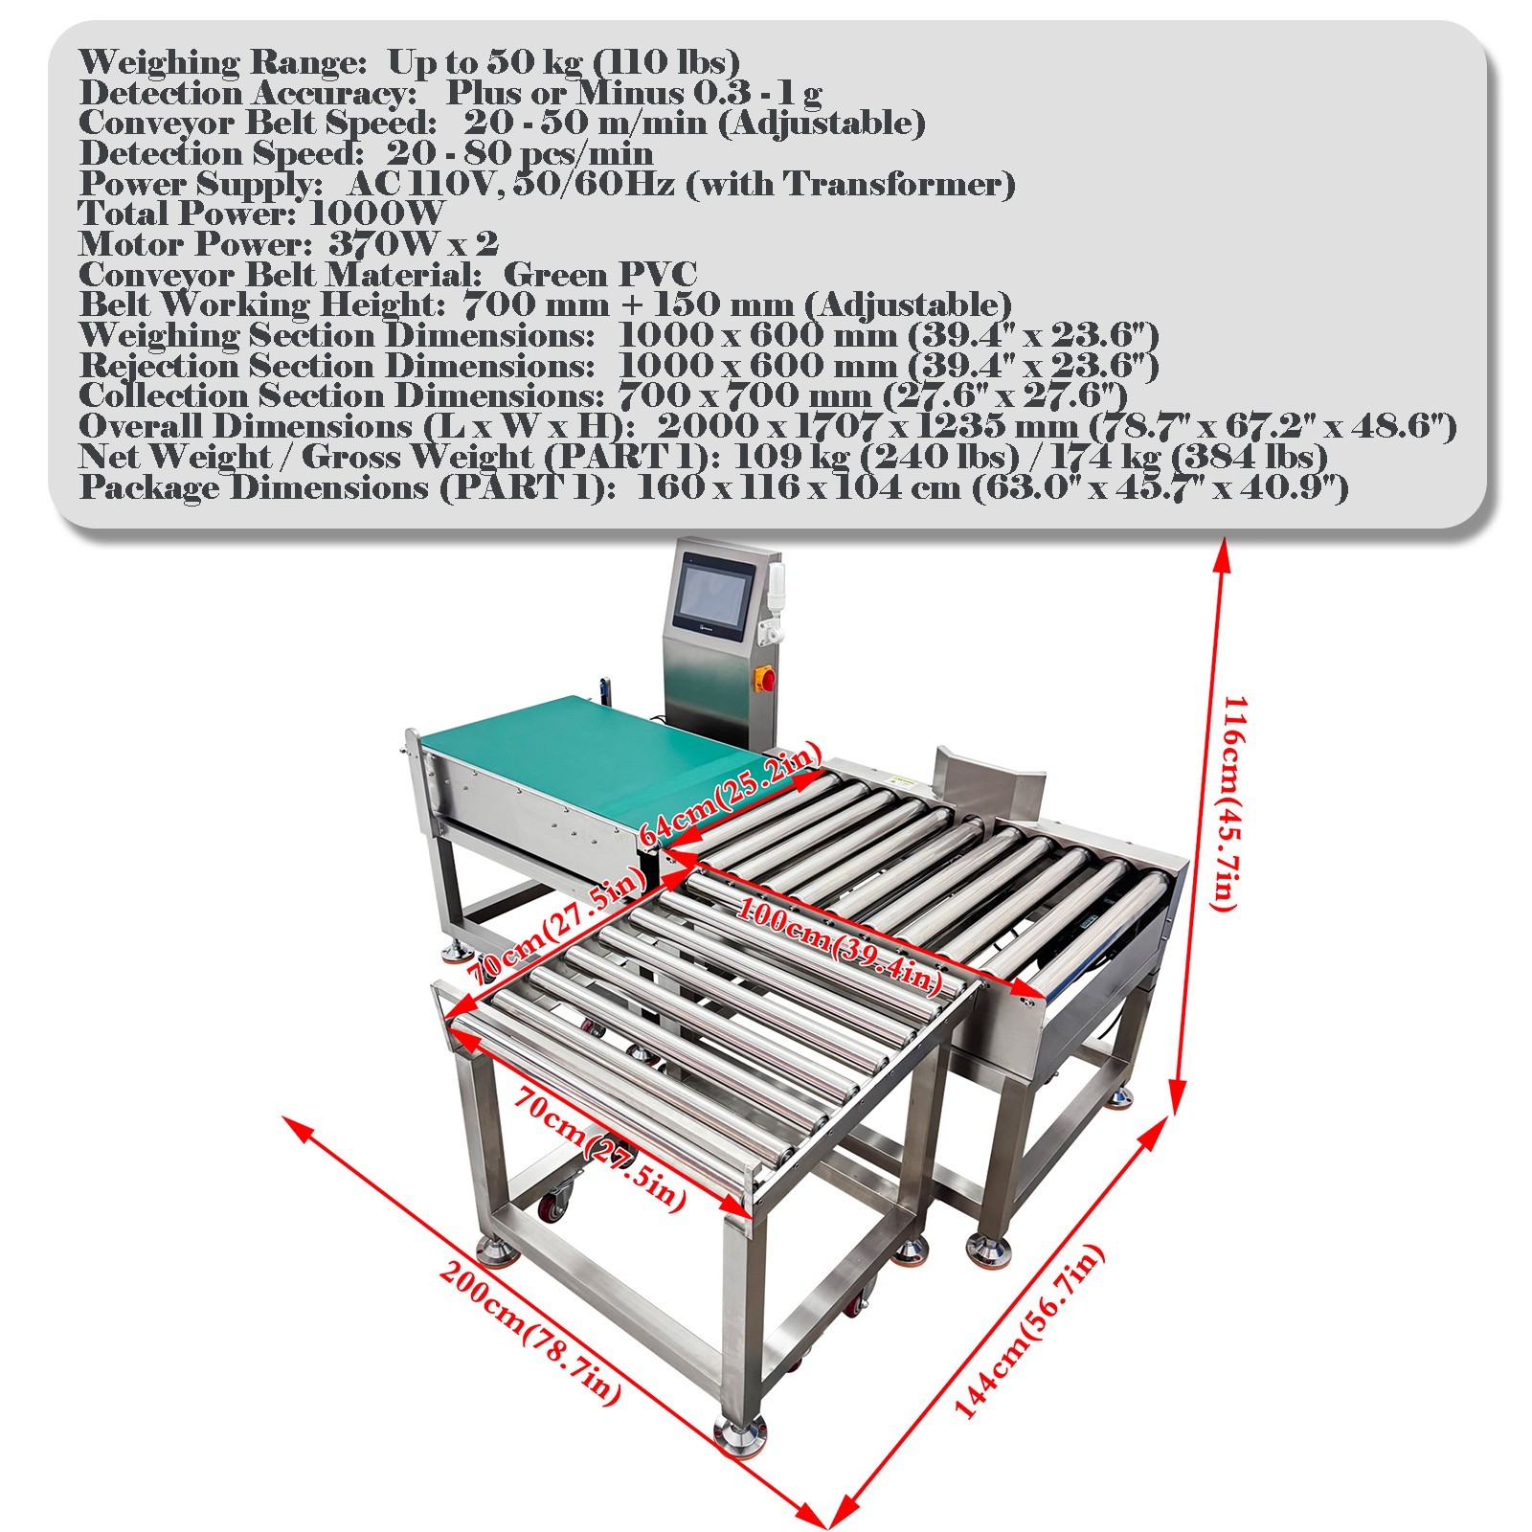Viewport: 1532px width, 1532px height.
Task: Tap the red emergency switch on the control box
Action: click(x=768, y=679)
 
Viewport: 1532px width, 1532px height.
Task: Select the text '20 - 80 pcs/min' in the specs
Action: click(x=520, y=153)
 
